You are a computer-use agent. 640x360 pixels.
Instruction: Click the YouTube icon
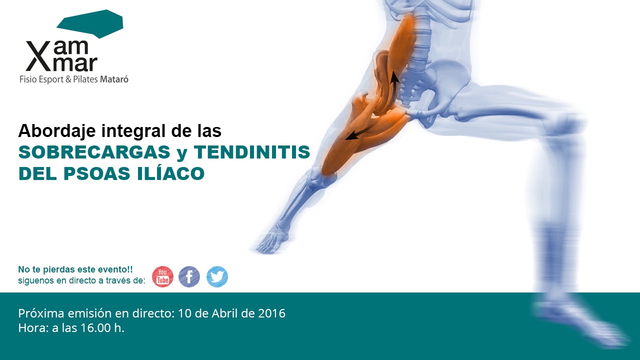(x=162, y=276)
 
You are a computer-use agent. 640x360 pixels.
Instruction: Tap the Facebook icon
(x=189, y=276)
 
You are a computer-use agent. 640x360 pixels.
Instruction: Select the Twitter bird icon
(x=217, y=276)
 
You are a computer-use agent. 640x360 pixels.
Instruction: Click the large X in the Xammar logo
(x=36, y=56)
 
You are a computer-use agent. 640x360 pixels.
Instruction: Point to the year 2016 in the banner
(x=271, y=313)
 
